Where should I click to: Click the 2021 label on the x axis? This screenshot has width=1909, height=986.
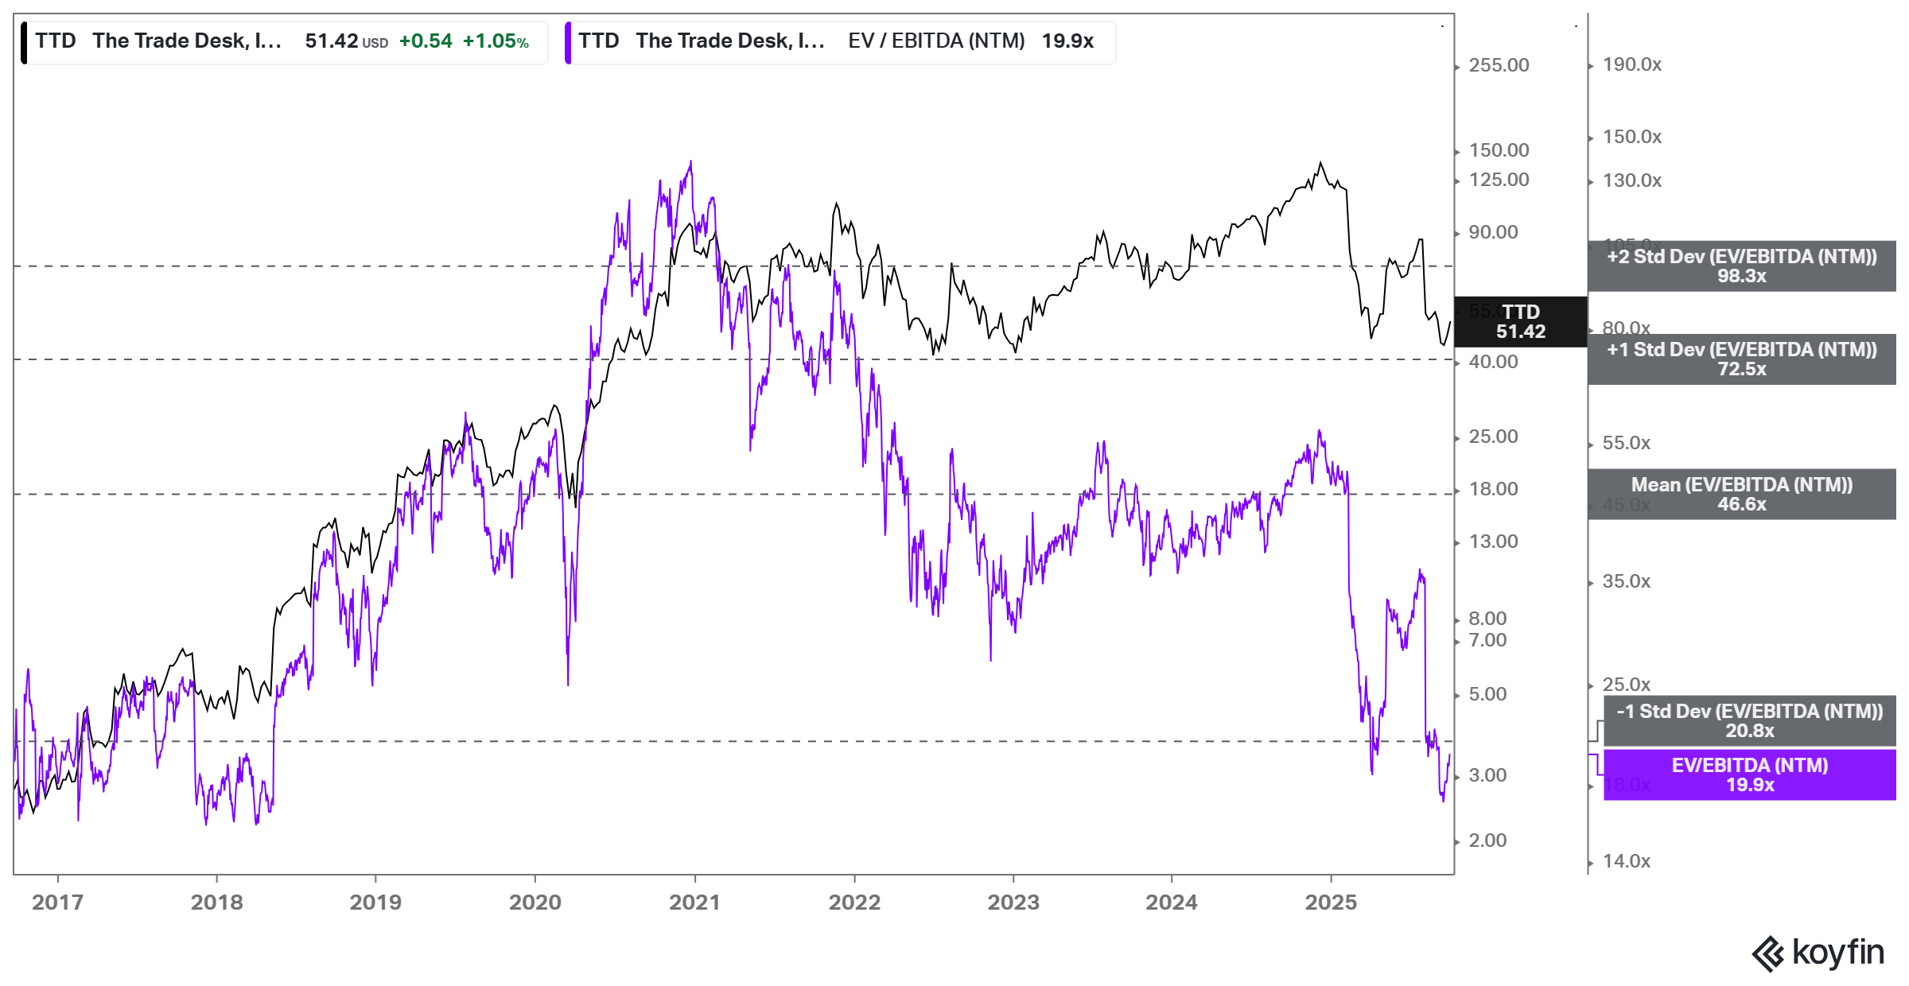coord(694,903)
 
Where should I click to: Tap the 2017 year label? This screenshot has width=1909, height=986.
coord(57,903)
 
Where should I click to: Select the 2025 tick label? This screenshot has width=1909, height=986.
coord(1331,903)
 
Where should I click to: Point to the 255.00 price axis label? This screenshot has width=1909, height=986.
coord(1499,65)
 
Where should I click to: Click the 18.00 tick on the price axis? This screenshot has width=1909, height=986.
coord(1493,489)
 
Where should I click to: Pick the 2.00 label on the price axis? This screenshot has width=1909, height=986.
coord(1487,840)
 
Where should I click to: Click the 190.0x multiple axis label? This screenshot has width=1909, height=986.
coord(1631,64)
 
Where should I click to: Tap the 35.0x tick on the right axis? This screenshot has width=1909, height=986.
coord(1626,581)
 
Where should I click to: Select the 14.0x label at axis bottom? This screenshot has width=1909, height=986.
coord(1626,861)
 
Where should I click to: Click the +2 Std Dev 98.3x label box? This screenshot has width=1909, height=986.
coord(1741,266)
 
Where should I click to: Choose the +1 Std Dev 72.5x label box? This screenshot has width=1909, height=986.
coord(1741,359)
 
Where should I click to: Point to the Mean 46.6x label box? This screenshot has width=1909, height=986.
coord(1741,495)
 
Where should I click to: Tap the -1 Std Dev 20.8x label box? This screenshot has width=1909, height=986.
coord(1749,721)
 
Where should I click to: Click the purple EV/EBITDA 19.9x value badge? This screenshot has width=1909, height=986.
coord(1749,775)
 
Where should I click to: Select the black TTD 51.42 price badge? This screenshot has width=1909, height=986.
coord(1520,322)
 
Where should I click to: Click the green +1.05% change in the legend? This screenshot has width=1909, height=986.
coord(496,41)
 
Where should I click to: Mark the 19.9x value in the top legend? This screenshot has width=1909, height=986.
coord(1067,41)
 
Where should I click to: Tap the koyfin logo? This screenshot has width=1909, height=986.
coord(1818,953)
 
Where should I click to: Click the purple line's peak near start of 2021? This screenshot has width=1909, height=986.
coord(690,162)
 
